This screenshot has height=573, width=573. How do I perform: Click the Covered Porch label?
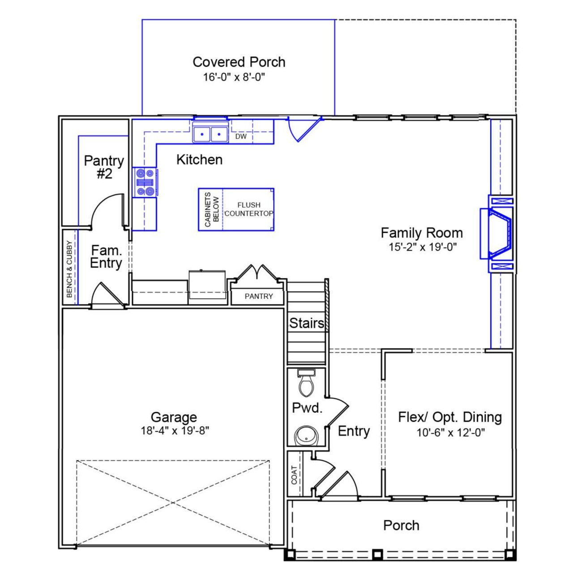coord(239,62)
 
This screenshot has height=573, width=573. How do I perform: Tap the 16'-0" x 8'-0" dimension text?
coord(234,77)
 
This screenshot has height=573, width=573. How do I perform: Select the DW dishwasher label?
coord(241,136)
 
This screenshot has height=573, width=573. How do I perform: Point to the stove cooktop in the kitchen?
coord(145,182)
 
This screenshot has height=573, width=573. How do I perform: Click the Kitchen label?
coord(199,159)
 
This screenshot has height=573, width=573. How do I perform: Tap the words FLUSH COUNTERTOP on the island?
coord(248,209)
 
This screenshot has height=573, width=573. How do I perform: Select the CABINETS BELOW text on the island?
coord(211,210)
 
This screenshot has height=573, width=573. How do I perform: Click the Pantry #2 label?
coord(104,167)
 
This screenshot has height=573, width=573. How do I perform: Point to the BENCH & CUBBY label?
coord(69,269)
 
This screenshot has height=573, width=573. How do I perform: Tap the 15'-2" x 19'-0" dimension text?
coord(422,247)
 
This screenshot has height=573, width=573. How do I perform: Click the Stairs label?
coord(306,323)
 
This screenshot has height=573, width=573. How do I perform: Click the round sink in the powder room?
coord(306,435)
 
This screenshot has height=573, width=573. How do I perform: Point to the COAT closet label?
coord(294,475)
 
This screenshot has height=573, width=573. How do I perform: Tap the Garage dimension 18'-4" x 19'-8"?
coord(175,431)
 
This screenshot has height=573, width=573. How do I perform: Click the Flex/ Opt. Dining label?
coord(450,417)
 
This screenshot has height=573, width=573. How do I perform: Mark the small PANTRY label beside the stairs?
coord(258,296)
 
